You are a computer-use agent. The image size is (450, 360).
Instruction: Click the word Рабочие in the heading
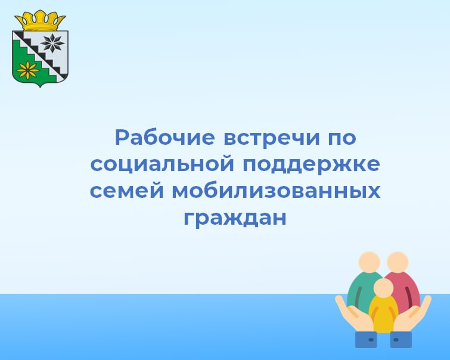click(x=165, y=137)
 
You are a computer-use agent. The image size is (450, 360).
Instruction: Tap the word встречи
click(x=272, y=138)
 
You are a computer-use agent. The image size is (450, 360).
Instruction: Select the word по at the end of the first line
click(x=342, y=138)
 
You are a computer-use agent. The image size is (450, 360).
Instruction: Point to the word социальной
click(x=162, y=165)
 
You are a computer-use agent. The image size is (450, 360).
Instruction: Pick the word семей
click(x=126, y=190)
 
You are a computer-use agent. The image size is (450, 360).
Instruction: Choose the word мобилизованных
click(x=276, y=190)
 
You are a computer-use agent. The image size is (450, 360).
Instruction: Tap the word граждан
click(x=235, y=218)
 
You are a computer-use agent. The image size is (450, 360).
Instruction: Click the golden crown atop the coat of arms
click(x=40, y=21)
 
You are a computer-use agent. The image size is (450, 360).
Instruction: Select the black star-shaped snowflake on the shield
click(x=52, y=44)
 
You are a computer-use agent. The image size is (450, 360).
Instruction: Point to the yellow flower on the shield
click(x=28, y=70)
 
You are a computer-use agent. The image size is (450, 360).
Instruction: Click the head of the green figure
click(x=370, y=262)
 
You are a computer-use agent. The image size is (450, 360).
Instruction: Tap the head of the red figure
click(x=398, y=262)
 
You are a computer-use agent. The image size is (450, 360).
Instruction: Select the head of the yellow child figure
click(x=383, y=288)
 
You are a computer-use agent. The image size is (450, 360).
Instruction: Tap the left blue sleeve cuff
click(x=366, y=340)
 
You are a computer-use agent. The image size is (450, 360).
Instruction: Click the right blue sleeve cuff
click(x=401, y=340)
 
